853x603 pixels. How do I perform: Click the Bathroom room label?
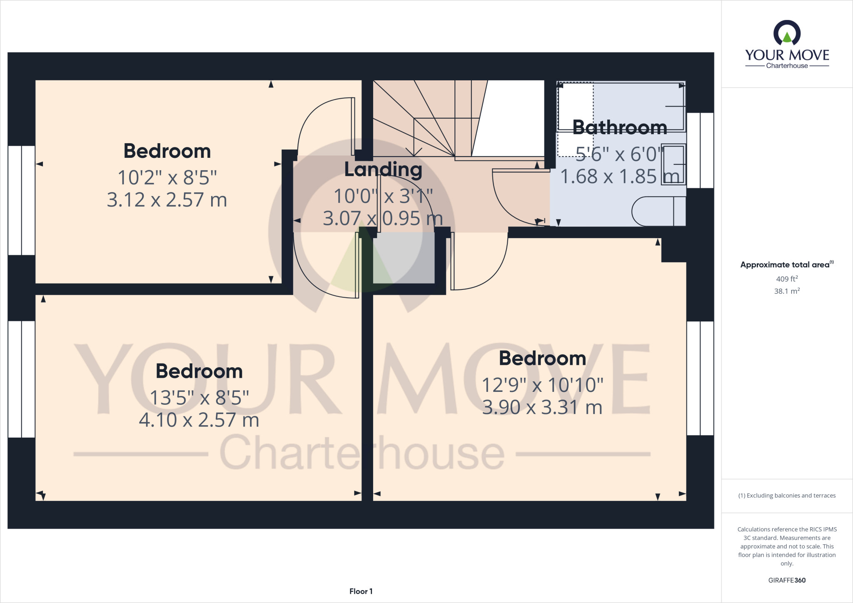(x=619, y=127)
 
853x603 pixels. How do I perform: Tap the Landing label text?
(x=383, y=169)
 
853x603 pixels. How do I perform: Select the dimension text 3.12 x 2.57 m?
(x=167, y=200)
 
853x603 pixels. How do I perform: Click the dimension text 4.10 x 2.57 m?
(x=199, y=420)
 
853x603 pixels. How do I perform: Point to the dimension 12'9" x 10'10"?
(x=542, y=385)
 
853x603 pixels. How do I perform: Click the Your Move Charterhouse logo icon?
(x=787, y=33)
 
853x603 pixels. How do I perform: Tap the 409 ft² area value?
(x=787, y=279)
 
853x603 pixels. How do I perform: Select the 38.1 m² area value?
(x=787, y=291)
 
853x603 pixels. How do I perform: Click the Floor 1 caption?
(x=361, y=591)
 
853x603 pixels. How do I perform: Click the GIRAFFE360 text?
(x=787, y=580)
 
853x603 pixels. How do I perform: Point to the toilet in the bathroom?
(x=658, y=212)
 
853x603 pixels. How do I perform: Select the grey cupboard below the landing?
(x=403, y=258)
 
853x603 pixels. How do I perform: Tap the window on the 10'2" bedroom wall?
(x=21, y=200)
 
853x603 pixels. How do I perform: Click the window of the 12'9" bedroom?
(x=700, y=378)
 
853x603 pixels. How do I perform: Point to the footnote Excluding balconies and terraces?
(x=787, y=496)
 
